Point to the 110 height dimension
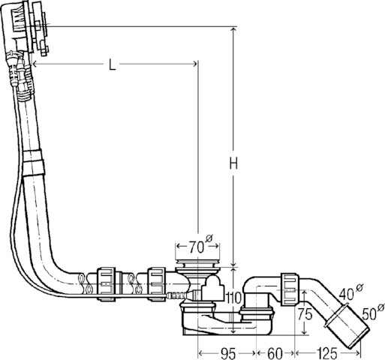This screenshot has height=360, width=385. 233,298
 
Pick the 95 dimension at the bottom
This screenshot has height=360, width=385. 227,352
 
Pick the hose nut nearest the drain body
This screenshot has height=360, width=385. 158,283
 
